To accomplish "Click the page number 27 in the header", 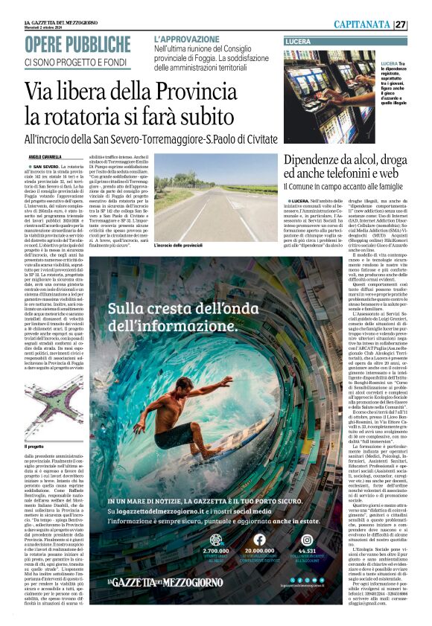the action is (x=421, y=25).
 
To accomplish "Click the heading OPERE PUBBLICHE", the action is (x=77, y=45).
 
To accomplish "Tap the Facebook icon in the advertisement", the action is (x=259, y=540).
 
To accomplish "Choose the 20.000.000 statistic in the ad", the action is (x=259, y=552).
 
